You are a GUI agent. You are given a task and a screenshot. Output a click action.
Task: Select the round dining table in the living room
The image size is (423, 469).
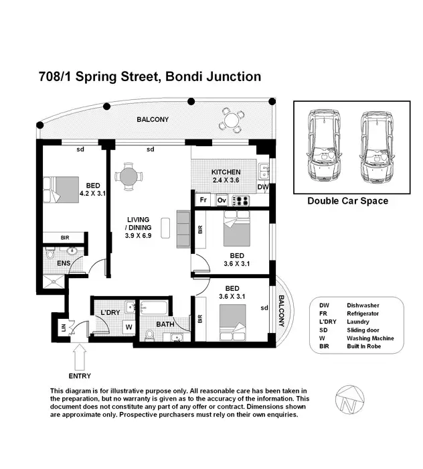click(128, 176)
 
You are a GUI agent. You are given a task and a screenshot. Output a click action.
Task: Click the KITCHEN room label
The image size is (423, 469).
click(226, 172)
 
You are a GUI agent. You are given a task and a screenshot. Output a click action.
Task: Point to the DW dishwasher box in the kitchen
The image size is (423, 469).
click(263, 187)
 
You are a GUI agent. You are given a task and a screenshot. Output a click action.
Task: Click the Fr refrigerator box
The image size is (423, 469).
click(202, 200)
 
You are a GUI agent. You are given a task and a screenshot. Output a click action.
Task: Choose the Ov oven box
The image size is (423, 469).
click(220, 200)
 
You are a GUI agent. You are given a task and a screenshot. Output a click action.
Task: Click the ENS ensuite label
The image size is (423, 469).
click(63, 264)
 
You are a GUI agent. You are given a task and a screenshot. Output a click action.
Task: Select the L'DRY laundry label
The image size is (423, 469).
click(110, 312)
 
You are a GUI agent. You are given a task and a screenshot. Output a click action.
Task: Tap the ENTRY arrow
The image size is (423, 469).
click(80, 354)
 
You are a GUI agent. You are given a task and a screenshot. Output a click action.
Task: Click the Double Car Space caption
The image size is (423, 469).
click(347, 201)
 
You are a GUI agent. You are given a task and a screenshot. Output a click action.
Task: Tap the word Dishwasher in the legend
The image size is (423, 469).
click(362, 305)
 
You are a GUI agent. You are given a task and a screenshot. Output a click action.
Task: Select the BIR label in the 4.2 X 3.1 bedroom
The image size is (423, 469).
click(65, 237)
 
